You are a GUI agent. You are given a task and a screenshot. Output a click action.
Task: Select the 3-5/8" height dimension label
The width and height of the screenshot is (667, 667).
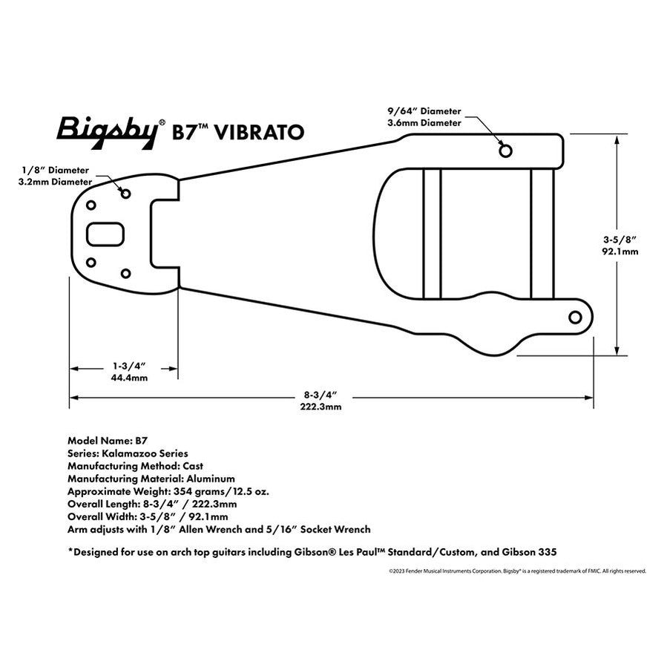pyautogui.click(x=620, y=240)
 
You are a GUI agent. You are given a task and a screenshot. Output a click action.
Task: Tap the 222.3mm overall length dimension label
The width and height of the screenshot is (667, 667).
pyautogui.click(x=321, y=407)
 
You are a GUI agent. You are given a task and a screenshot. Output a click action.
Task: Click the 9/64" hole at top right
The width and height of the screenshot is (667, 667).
pyautogui.click(x=505, y=151)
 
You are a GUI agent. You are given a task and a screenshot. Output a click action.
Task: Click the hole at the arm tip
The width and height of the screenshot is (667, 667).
pyautogui.click(x=574, y=318)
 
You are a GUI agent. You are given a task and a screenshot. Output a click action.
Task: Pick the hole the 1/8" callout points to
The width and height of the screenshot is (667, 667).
pyautogui.click(x=125, y=194)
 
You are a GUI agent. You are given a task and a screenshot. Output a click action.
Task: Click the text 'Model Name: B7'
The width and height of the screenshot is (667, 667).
pyautogui.click(x=102, y=440)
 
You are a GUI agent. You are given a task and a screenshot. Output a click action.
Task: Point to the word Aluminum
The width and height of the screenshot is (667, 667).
pyautogui.click(x=210, y=479)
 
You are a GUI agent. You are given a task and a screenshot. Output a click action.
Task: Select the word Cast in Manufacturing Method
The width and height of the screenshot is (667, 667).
pyautogui.click(x=193, y=466)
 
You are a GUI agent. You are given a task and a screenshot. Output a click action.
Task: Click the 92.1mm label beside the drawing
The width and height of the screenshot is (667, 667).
pyautogui.click(x=620, y=252)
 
